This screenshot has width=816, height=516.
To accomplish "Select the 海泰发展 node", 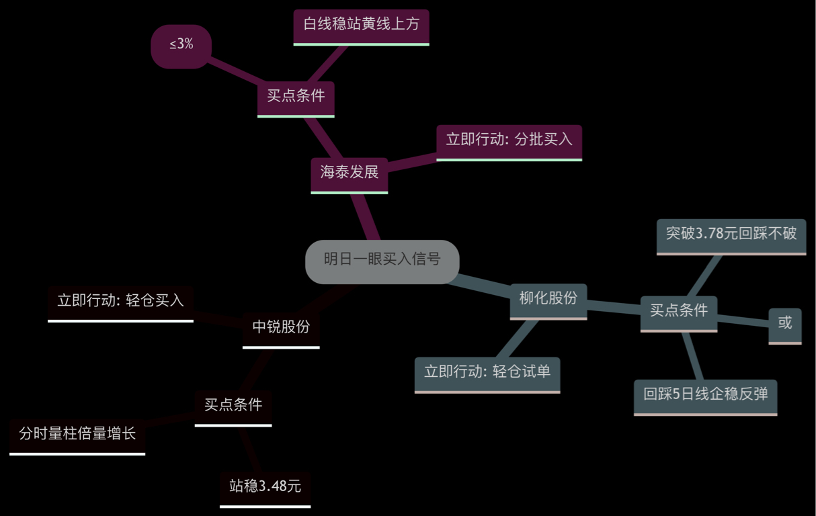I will tap(349, 173).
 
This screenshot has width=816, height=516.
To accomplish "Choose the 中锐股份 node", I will tap(281, 328).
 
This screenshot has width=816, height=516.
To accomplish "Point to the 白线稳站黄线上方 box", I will tap(361, 26).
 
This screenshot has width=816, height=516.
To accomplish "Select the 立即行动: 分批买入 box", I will tap(509, 140).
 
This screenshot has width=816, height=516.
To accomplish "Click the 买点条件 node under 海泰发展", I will tap(296, 97).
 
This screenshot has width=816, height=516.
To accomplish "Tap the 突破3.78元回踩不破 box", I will tap(731, 234).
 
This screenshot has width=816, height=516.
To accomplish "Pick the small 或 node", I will tap(784, 323).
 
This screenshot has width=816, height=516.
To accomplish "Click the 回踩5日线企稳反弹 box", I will tap(705, 395).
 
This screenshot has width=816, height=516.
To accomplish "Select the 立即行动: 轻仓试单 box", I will tap(487, 373).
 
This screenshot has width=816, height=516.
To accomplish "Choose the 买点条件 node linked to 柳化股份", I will tap(678, 312).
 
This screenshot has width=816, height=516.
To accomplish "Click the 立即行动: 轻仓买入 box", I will tap(120, 302).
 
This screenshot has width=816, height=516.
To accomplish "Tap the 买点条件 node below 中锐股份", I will tap(233, 406).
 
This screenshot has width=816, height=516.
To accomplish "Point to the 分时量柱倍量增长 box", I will tap(77, 435).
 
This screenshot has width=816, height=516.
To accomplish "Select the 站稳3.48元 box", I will tap(265, 487).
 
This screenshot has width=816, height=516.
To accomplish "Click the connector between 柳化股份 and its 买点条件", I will tap(613, 307).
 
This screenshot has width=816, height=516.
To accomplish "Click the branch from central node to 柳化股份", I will tap(484, 285).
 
